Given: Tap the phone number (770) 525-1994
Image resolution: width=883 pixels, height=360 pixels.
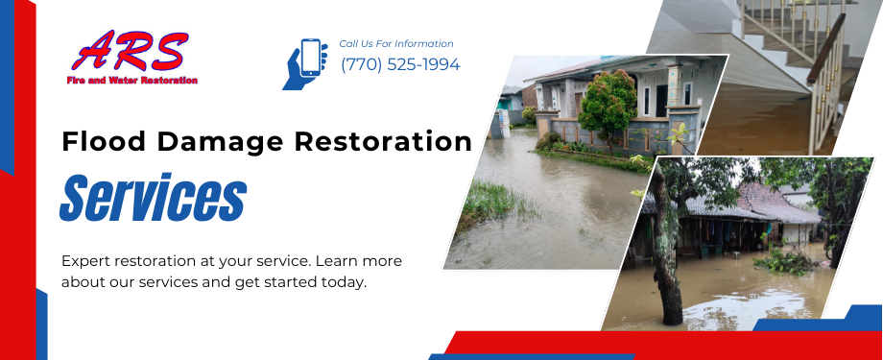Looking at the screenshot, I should click(400, 65).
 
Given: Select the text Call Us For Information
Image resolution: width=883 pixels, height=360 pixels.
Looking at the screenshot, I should click(396, 43).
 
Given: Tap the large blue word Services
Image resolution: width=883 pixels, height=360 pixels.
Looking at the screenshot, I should click(154, 198).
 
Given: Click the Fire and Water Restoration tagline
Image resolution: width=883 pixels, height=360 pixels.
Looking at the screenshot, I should click(132, 81).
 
